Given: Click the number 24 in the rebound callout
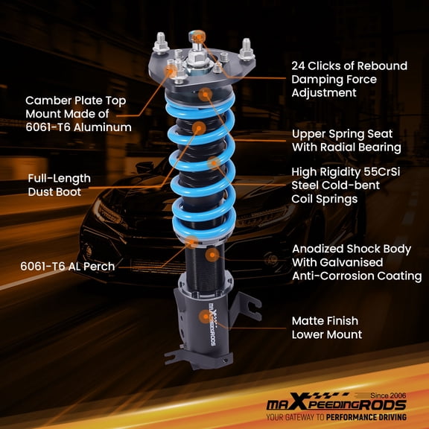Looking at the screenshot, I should coord(299,66).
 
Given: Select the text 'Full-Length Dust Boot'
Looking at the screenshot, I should coord(60,185).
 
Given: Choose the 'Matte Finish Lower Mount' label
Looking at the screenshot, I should coord(327,328).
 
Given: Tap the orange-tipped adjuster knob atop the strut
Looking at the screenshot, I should coord(197,35).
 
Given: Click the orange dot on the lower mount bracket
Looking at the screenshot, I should coord(203,317).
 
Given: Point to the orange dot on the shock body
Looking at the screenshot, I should coord(213,254).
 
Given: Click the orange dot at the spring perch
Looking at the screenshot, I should coord(192,241).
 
